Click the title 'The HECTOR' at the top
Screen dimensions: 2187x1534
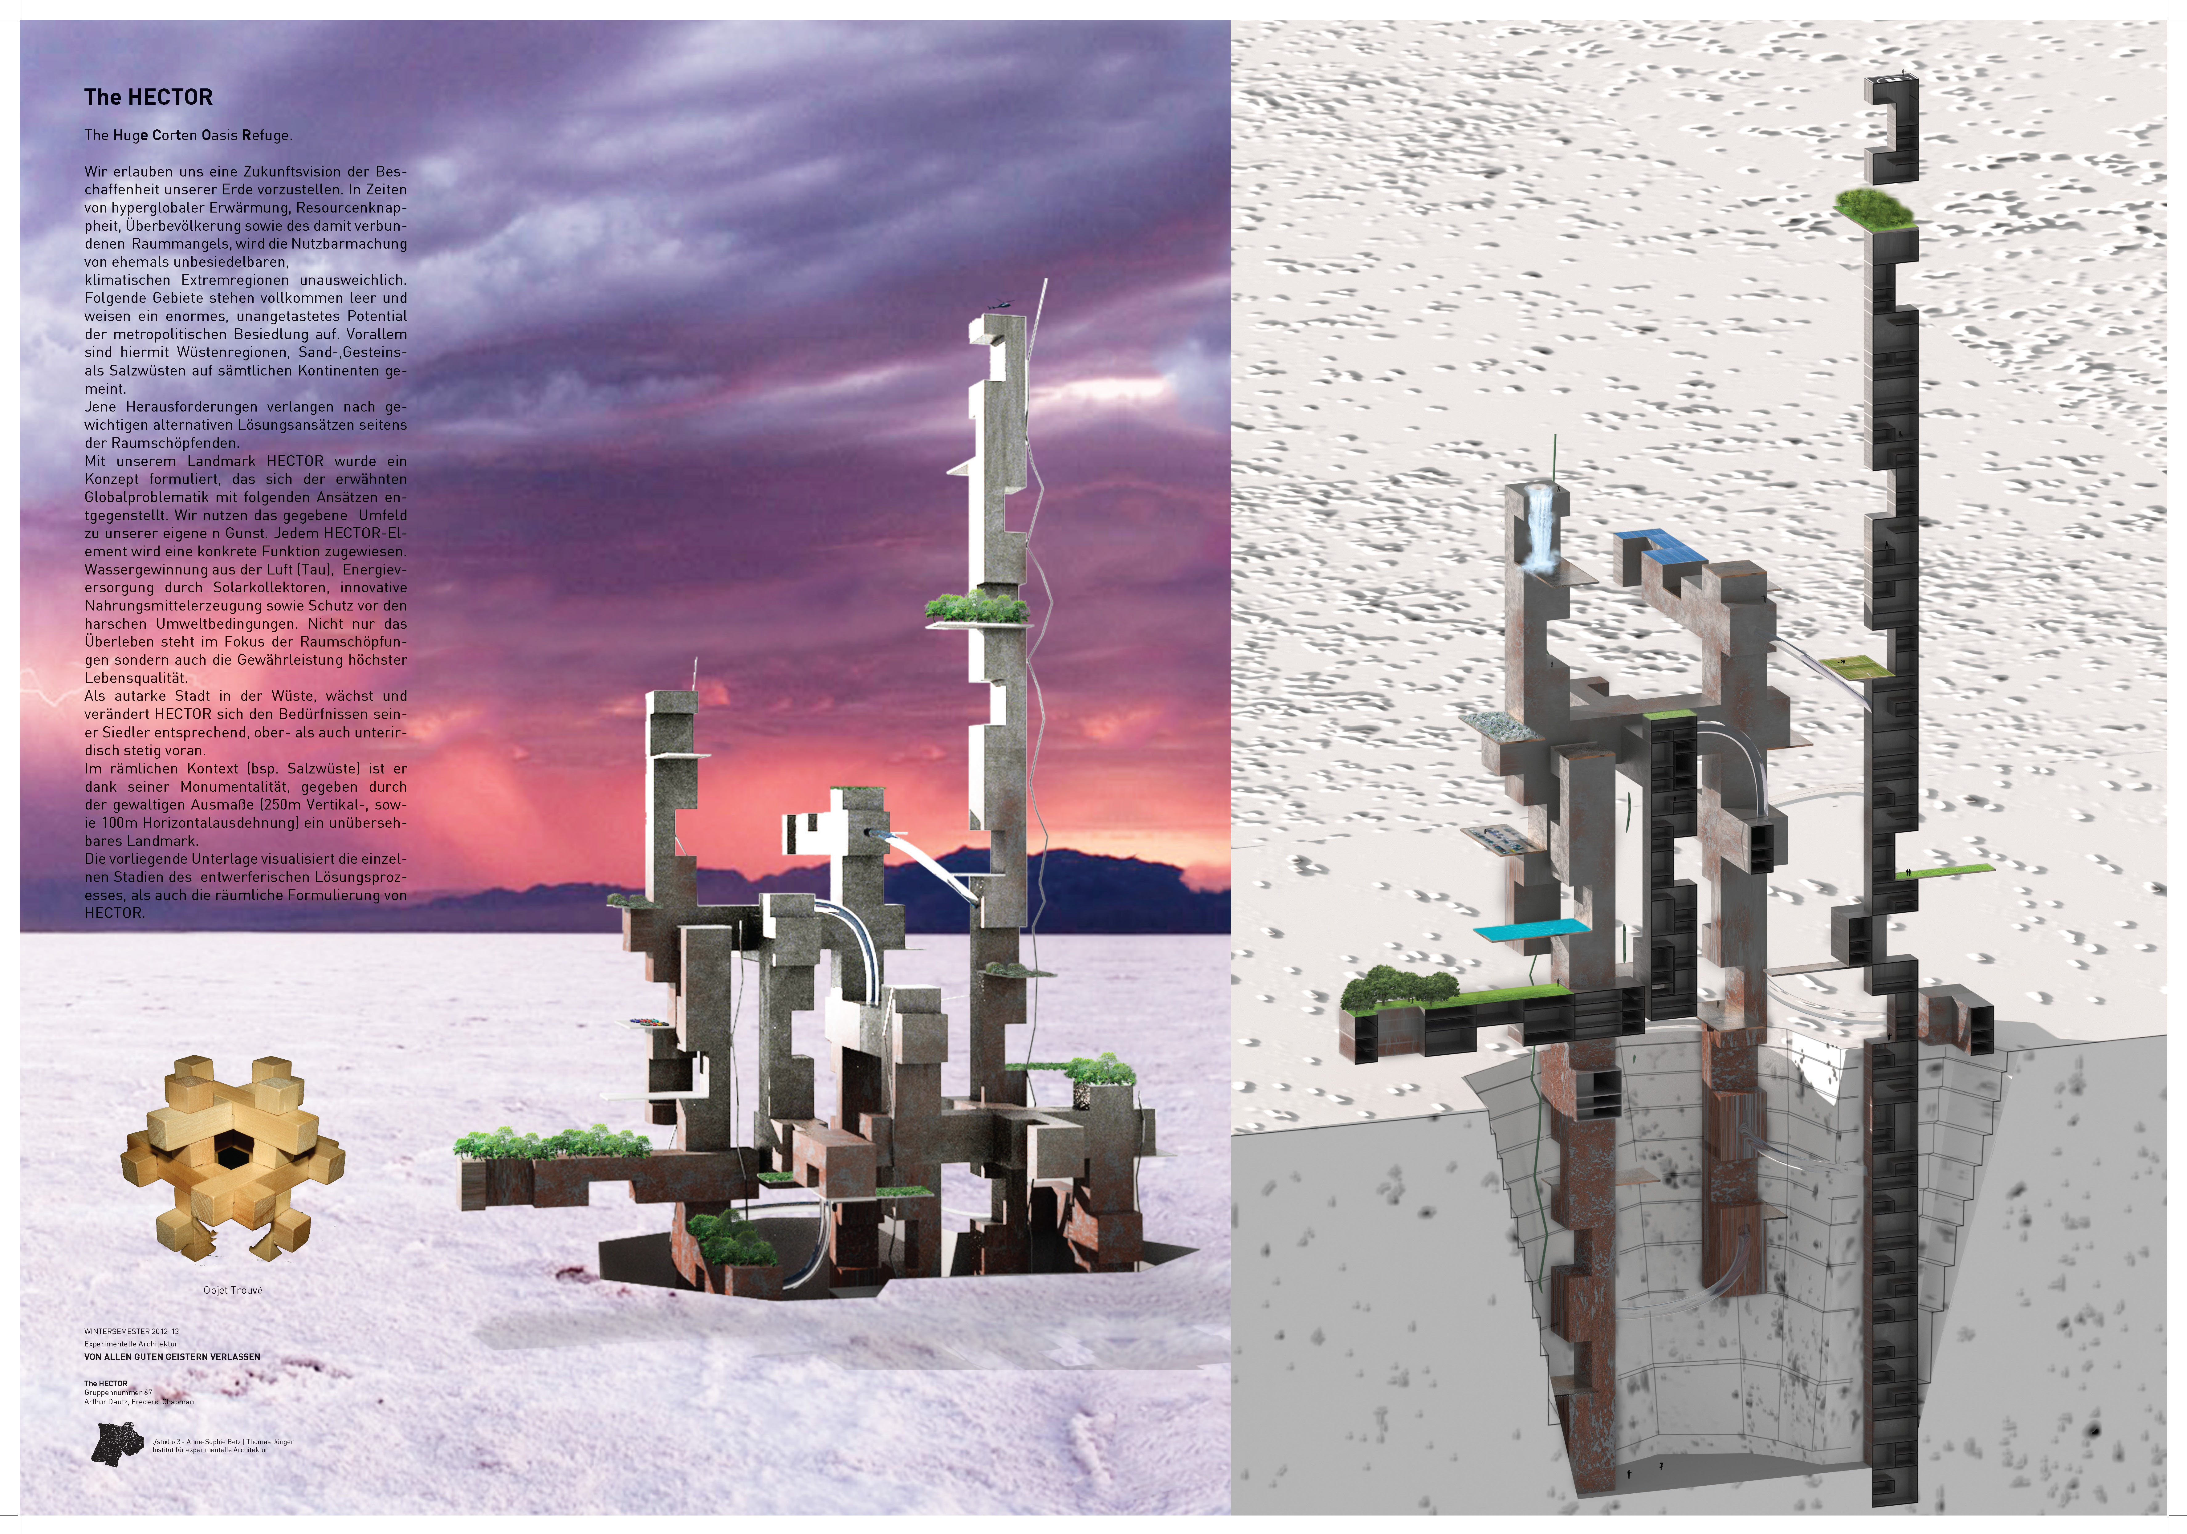(149, 97)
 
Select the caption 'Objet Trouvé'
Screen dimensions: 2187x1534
(232, 1290)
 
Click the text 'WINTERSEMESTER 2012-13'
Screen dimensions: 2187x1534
(132, 1331)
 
